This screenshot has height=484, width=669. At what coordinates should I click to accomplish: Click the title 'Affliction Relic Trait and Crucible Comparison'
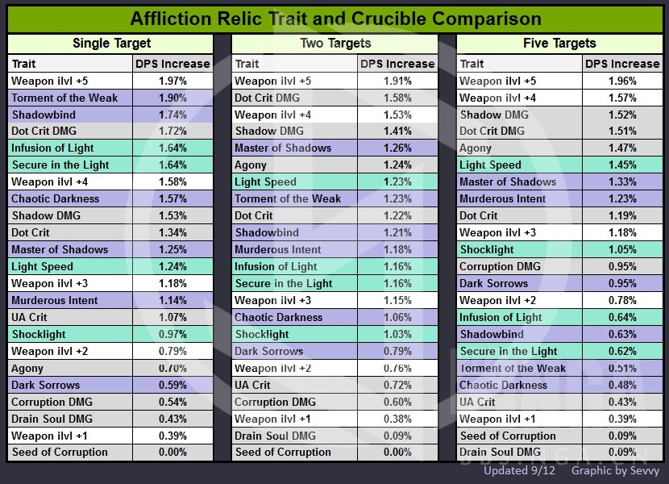pos(335,19)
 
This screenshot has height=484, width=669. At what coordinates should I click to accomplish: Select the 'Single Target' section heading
pos(111,44)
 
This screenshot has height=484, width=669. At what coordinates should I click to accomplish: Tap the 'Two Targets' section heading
pos(335,44)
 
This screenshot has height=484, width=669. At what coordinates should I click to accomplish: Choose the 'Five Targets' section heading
pos(559,44)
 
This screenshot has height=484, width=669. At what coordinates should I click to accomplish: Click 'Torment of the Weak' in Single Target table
pos(64,98)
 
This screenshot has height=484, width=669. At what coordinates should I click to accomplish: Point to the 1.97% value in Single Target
pos(172,81)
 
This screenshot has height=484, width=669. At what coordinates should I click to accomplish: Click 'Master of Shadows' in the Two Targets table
pos(283,148)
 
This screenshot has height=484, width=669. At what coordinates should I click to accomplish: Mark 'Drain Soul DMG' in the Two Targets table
pos(275,436)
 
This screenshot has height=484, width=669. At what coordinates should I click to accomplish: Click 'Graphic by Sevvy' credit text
pos(615,470)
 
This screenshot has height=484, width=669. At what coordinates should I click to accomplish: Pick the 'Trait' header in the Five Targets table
pos(472,64)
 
